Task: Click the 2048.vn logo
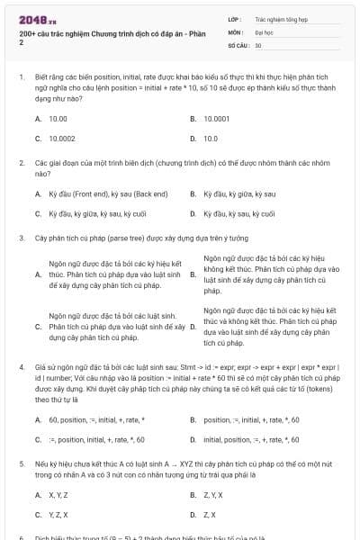point(33,20)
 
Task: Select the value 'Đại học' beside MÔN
point(264,31)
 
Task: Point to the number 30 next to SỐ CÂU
point(258,44)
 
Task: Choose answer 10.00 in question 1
point(58,118)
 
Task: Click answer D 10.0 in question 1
point(211,139)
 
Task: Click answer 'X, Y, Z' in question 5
point(58,495)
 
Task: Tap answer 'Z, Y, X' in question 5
point(213,495)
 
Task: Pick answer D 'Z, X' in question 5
point(210,515)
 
